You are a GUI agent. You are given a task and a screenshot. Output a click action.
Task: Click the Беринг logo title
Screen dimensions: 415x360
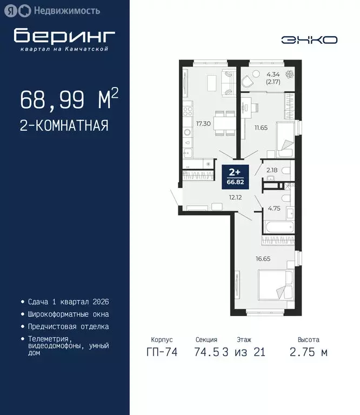[64, 36]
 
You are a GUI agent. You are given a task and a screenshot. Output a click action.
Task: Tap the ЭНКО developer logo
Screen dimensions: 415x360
[309, 39]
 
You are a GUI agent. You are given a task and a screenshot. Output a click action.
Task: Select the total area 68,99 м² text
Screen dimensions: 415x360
[69, 99]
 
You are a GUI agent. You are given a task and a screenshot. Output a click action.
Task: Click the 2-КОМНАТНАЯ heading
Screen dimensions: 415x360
[64, 126]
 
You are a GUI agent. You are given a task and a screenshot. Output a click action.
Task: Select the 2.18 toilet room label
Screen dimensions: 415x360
[271, 171]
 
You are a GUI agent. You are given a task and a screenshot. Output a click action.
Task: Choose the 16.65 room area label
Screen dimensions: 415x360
[263, 258]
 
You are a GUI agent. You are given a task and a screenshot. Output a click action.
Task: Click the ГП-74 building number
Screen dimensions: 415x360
[162, 353]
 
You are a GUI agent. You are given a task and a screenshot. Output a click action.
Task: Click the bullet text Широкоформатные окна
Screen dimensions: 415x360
[68, 314]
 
